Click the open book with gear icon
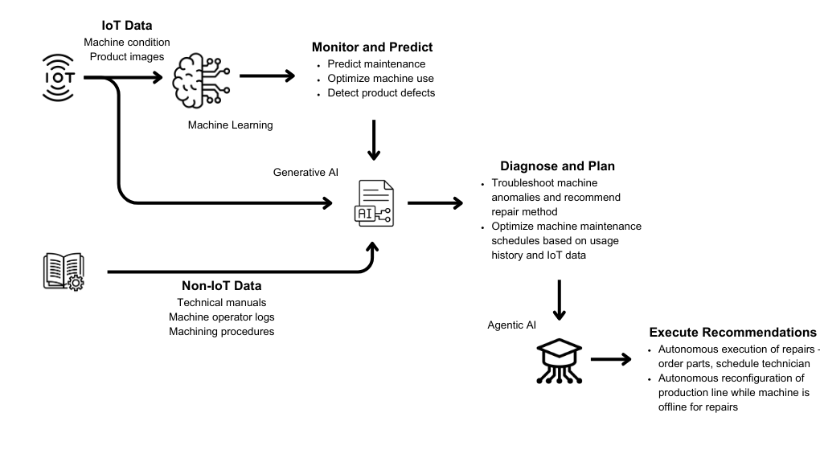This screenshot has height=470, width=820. pyautogui.click(x=64, y=271)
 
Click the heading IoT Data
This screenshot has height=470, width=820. pyautogui.click(x=126, y=26)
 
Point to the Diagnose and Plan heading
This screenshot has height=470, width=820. pyautogui.click(x=557, y=166)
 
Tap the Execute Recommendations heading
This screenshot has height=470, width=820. pyautogui.click(x=732, y=332)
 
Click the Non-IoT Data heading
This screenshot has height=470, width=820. pyautogui.click(x=221, y=285)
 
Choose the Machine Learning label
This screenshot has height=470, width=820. pyautogui.click(x=230, y=125)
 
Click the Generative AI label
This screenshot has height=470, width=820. pyautogui.click(x=306, y=172)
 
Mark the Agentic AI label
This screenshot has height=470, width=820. pyautogui.click(x=511, y=325)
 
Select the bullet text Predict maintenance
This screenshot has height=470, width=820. pyautogui.click(x=376, y=64)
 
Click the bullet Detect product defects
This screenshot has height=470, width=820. pyautogui.click(x=381, y=93)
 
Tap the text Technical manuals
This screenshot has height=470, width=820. pyautogui.click(x=221, y=302)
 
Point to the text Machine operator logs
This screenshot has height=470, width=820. pyautogui.click(x=221, y=317)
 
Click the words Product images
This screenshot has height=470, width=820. pyautogui.click(x=127, y=56)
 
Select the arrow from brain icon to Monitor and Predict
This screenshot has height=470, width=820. pyautogui.click(x=267, y=77)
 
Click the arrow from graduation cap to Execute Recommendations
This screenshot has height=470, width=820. pyautogui.click(x=611, y=359)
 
